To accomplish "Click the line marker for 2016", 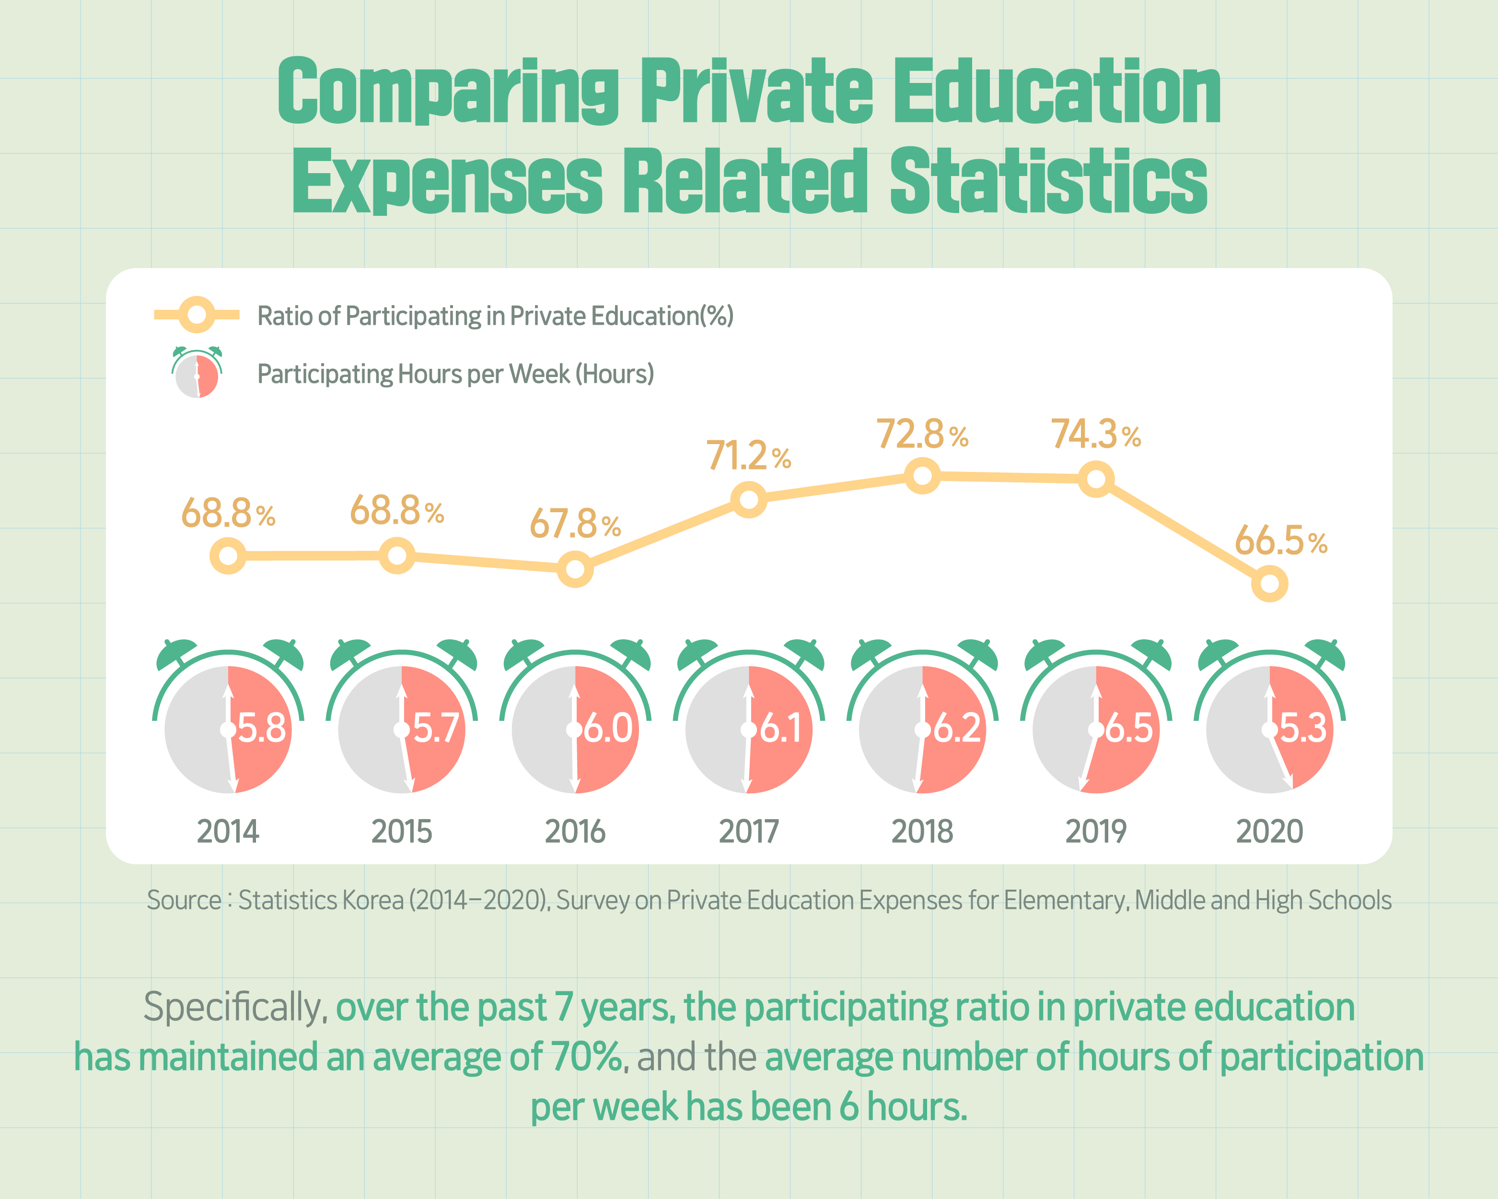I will (x=575, y=569).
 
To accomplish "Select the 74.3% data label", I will (x=1095, y=435).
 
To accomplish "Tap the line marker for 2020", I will (x=1269, y=583).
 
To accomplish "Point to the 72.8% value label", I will (x=921, y=435).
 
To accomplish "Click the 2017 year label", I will (x=748, y=831).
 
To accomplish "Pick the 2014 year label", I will (x=228, y=831).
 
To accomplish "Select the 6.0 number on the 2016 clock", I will (x=607, y=729).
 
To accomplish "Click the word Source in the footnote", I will (x=184, y=900).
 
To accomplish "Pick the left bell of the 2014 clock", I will (x=174, y=653).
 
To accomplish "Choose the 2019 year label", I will (x=1096, y=831).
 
